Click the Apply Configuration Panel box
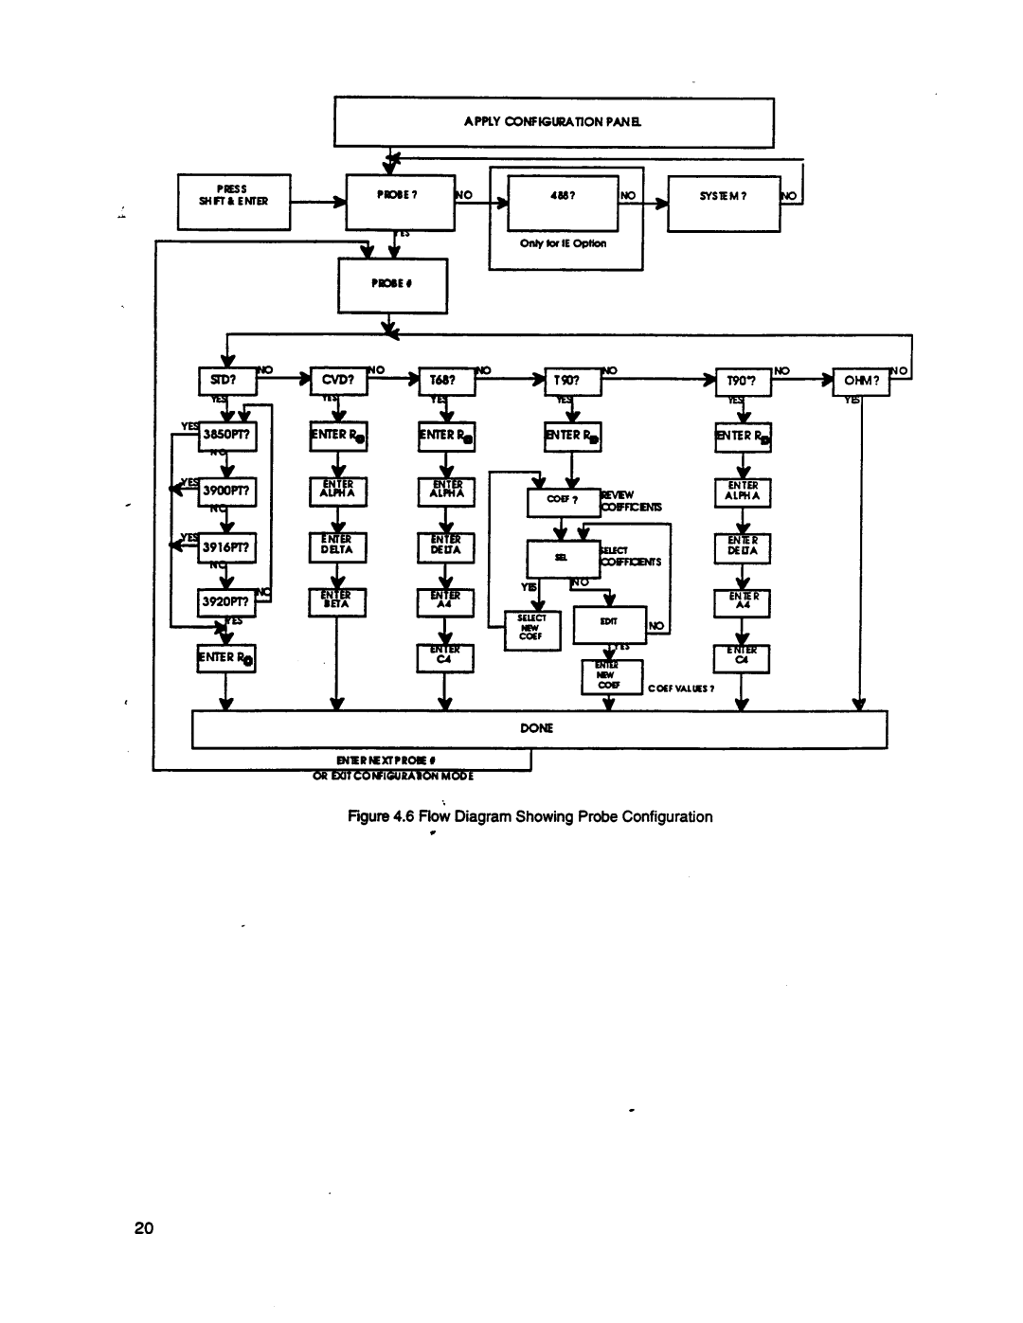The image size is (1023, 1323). [553, 122]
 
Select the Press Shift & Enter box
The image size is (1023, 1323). [234, 201]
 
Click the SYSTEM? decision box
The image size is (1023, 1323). [724, 203]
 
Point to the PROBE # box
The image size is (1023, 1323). [392, 287]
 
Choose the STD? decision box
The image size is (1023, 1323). [225, 381]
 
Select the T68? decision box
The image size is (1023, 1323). [445, 381]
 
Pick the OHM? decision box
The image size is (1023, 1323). [860, 381]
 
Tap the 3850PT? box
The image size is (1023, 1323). [225, 436]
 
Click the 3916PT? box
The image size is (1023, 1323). [225, 546]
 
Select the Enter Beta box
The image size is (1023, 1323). [337, 601]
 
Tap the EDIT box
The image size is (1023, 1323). [609, 624]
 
